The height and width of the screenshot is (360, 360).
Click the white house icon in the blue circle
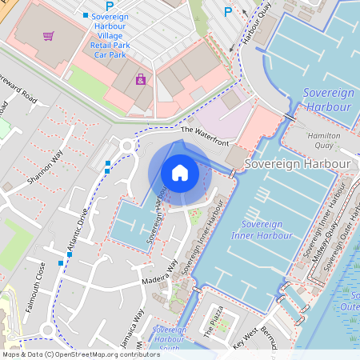(180, 172)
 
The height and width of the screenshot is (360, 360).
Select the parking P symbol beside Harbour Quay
(228, 12)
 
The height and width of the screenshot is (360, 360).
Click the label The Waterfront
(205, 136)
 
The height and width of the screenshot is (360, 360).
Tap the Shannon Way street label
(45, 170)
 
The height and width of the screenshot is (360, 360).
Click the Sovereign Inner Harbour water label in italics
(254, 230)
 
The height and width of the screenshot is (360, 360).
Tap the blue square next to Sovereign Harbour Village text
(86, 15)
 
